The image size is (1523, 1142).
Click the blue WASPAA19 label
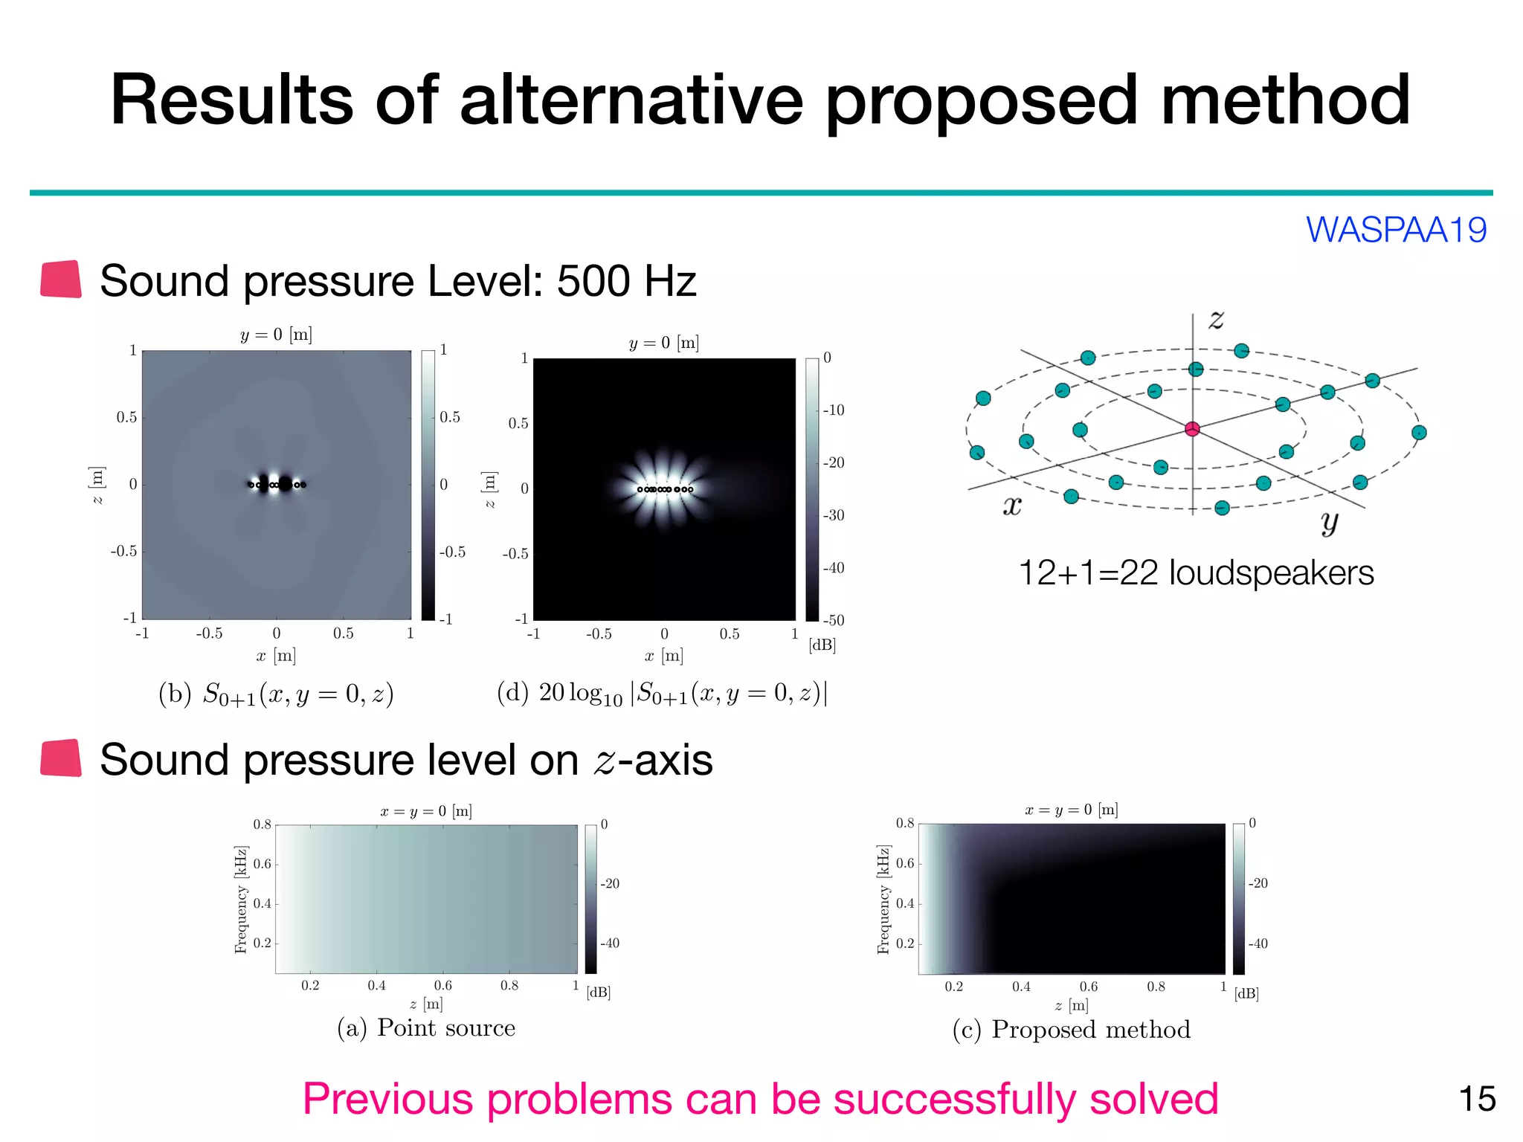1396,230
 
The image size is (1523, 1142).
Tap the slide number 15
1477,1099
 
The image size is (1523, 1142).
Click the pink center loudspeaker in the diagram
1192,429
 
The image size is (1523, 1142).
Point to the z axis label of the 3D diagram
1216,320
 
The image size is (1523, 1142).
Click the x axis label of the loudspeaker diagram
1012,506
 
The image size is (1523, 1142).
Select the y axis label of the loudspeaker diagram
1330,522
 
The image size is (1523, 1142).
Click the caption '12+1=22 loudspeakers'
1195,572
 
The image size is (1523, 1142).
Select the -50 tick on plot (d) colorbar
834,620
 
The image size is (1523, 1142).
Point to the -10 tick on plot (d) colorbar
834,410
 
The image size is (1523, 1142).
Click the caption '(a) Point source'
426,1028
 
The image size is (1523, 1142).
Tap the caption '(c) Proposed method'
1071,1029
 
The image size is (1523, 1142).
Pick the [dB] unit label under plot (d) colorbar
822,645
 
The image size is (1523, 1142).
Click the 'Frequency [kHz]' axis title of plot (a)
240,899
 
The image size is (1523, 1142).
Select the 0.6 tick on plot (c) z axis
1088,987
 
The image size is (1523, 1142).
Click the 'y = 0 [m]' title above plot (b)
276,335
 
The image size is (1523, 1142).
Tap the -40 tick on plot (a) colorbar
610,943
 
